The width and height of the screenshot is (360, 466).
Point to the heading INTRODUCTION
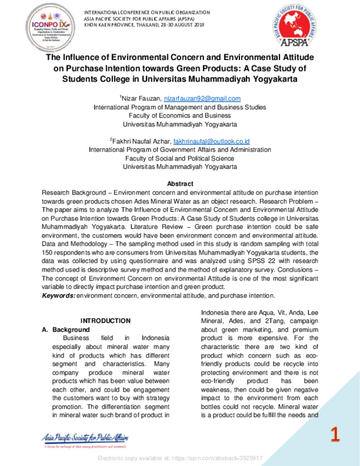click(106, 321)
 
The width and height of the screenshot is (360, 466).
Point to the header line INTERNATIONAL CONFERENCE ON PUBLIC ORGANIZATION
click(147, 12)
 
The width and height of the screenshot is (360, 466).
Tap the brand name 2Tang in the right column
click(256, 339)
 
